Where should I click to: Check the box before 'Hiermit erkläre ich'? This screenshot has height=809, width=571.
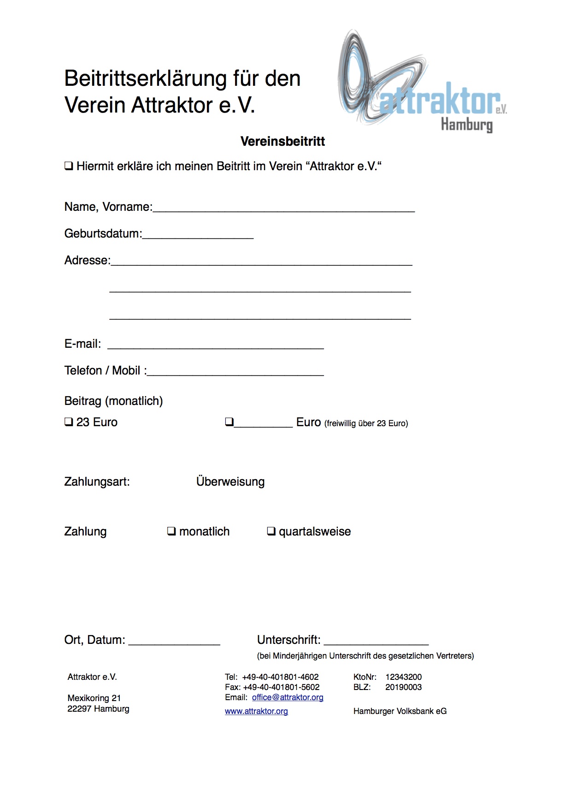coord(69,166)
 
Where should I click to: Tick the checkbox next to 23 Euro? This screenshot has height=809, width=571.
coord(69,422)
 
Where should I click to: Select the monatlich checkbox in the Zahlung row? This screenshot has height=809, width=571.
coord(171,531)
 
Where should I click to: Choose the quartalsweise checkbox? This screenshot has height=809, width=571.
coord(271,531)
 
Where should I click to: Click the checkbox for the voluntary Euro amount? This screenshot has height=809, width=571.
coord(229,422)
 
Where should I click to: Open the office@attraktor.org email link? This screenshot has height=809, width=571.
coord(288,697)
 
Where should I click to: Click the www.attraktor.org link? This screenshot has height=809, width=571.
coord(256,711)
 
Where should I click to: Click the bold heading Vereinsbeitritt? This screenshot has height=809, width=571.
coord(283,141)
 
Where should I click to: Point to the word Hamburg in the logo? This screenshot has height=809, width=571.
coord(466,125)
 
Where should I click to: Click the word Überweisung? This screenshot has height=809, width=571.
coord(230,482)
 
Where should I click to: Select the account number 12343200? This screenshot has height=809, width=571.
coord(403,677)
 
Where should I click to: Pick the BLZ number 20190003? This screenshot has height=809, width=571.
coord(403,687)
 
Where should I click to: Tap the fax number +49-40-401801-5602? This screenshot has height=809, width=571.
coord(281,687)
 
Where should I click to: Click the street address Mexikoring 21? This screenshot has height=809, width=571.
coord(94,698)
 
